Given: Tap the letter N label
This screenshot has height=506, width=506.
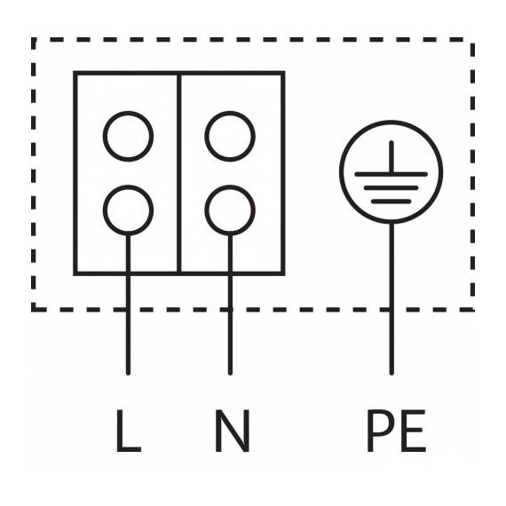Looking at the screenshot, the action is [232, 431].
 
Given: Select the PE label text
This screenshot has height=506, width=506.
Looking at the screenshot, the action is [396, 431].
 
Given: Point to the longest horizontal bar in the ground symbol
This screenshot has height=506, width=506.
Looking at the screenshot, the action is [391, 174].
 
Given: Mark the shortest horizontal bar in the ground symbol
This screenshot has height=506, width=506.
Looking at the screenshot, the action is [391, 202].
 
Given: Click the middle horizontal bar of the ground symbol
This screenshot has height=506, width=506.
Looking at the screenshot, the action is [391, 188].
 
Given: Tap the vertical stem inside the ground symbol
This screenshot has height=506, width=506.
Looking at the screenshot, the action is [391, 157].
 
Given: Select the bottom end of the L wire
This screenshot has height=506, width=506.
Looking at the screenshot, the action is [128, 374].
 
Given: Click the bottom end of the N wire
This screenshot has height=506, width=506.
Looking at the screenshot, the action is [230, 374].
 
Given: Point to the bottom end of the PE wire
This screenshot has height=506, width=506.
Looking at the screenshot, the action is [391, 374].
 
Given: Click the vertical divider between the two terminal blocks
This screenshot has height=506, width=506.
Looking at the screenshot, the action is [179, 174].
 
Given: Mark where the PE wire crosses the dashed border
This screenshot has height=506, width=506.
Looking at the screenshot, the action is [391, 310].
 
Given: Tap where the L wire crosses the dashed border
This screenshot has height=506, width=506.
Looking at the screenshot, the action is [128, 310].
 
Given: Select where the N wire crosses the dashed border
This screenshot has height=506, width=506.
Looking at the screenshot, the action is [230, 310].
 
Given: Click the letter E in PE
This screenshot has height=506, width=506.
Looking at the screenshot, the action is [414, 431].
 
